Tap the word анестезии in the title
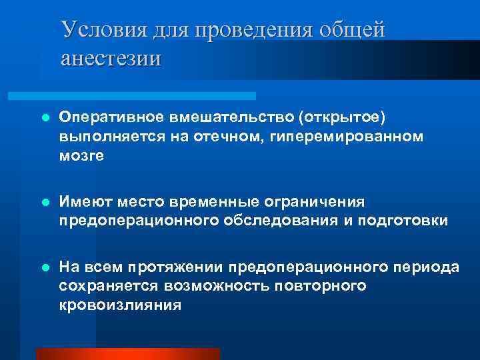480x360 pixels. (111, 57)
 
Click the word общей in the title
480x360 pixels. (353, 30)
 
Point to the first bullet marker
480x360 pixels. (45, 117)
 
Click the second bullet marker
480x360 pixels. (45, 201)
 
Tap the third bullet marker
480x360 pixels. (45, 267)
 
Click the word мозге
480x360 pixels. (81, 155)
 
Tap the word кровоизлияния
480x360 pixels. (120, 306)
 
